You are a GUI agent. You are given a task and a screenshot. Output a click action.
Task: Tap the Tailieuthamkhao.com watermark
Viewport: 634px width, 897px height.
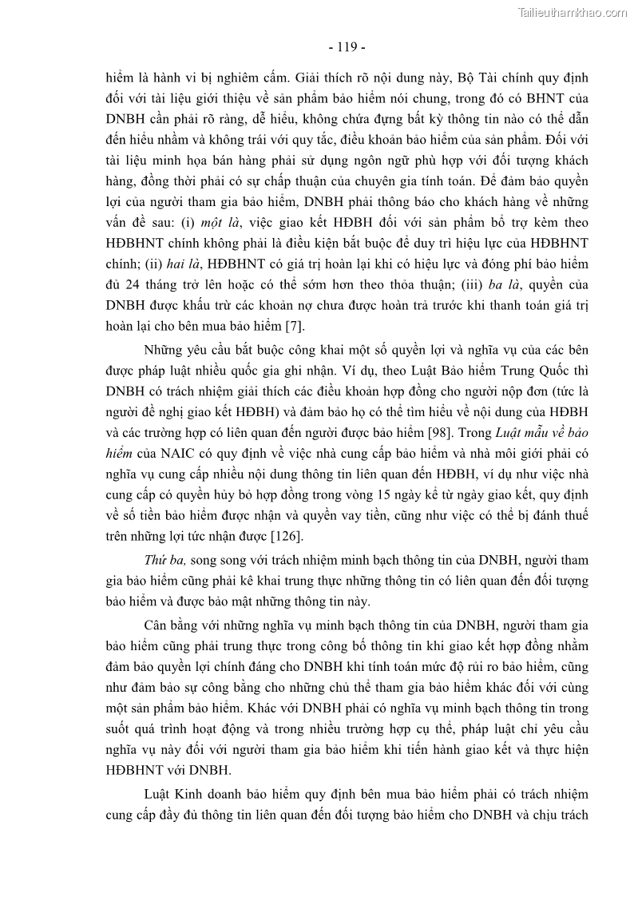(x=573, y=12)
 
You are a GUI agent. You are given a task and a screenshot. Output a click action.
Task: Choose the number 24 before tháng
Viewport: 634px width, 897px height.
(x=132, y=284)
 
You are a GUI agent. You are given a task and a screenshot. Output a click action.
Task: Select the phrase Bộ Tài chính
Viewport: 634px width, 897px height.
(x=495, y=78)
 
